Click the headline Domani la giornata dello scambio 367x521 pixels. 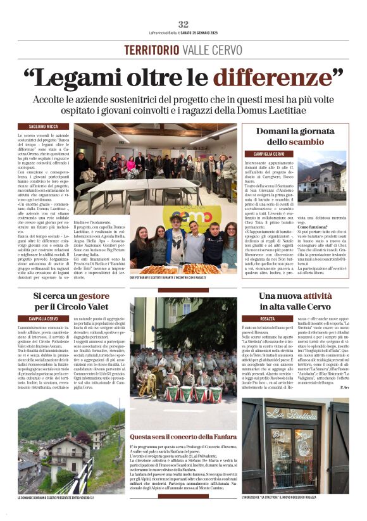(299, 136)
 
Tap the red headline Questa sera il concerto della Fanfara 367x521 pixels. (183, 436)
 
